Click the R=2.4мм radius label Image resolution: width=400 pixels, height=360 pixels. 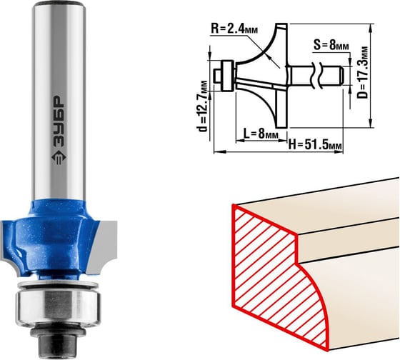click(234, 29)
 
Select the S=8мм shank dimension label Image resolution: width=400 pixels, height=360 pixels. click(331, 45)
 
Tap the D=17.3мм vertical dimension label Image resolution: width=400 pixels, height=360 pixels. click(362, 72)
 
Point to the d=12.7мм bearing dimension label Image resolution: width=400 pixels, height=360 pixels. click(204, 106)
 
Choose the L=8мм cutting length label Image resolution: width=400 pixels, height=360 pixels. click(261, 134)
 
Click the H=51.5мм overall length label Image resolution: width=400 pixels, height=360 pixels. click(315, 145)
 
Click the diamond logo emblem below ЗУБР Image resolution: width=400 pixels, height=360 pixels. click(59, 158)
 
